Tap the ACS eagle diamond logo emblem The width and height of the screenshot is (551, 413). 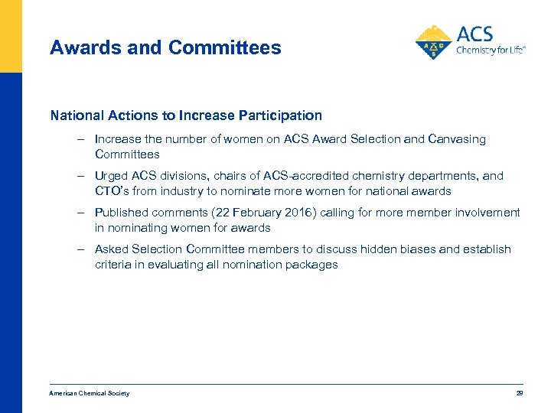[433, 43]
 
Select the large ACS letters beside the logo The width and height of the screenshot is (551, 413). [474, 34]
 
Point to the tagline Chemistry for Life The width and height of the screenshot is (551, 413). [491, 52]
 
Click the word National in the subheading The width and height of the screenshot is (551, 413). [75, 115]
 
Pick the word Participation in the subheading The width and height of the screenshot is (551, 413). [279, 115]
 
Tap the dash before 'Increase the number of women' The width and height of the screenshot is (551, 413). [80, 139]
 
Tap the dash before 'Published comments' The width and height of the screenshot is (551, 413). [80, 213]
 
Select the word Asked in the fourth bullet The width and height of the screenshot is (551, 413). [111, 249]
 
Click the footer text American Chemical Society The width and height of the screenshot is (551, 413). [90, 393]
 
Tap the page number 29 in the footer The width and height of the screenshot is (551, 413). [519, 393]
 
